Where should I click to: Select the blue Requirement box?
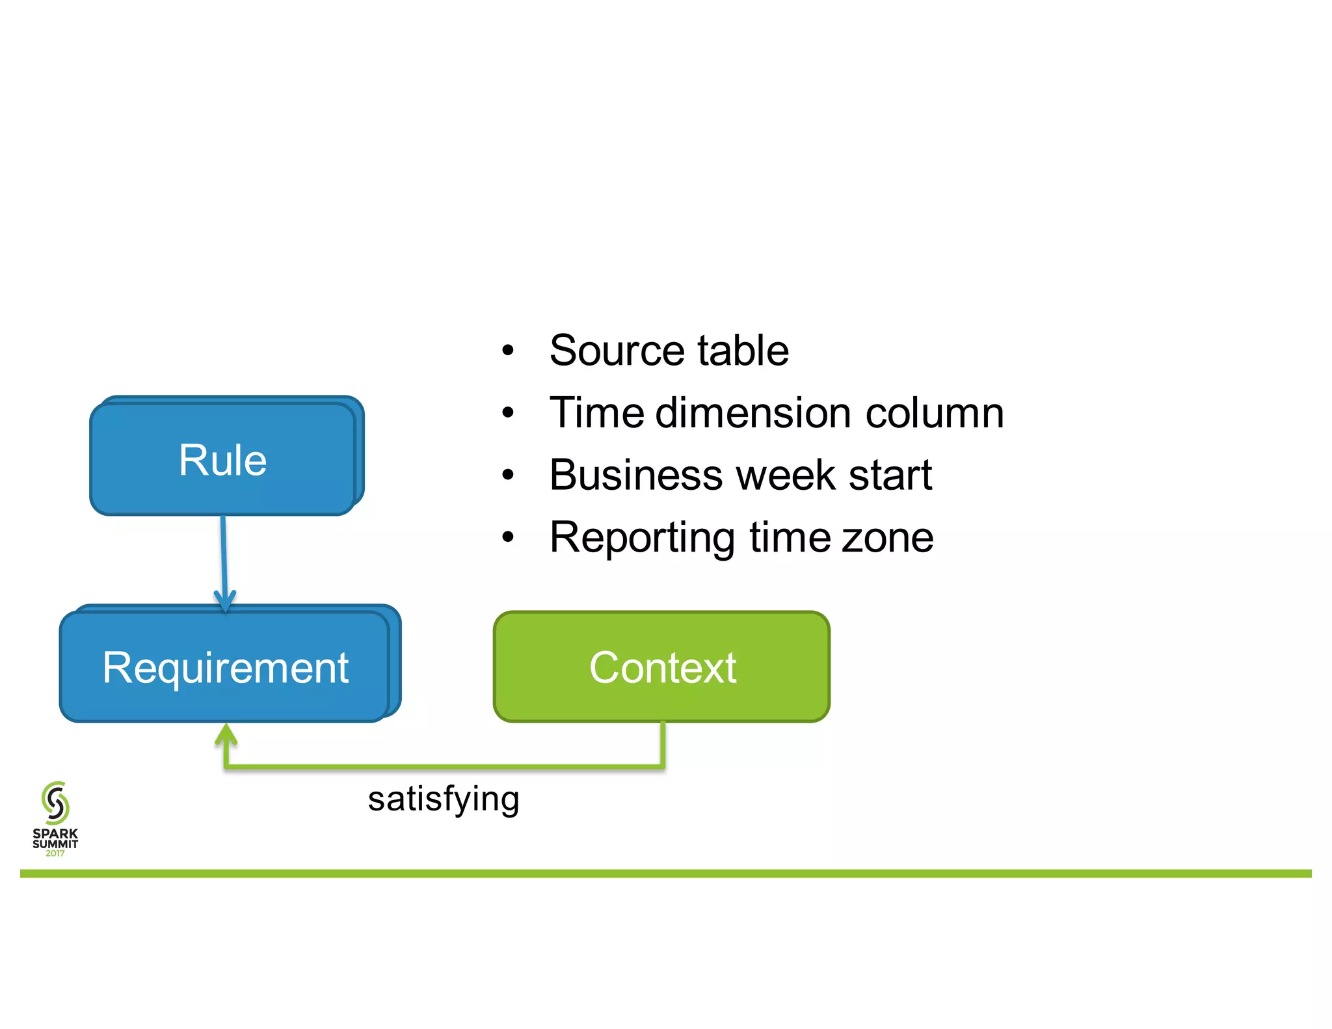coord(225,667)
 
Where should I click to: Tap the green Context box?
coord(661,667)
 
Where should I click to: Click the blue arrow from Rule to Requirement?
coord(224,559)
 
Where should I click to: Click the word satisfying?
coord(444,799)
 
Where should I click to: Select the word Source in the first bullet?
coord(617,351)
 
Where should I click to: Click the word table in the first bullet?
coord(743,351)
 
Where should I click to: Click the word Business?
coord(635,475)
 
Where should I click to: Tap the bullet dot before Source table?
coord(508,351)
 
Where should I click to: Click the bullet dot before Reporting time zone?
coord(508,538)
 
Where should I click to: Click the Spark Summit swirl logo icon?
coord(55,803)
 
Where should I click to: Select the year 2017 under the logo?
coord(55,853)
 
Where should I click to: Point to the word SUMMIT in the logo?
coord(55,844)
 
